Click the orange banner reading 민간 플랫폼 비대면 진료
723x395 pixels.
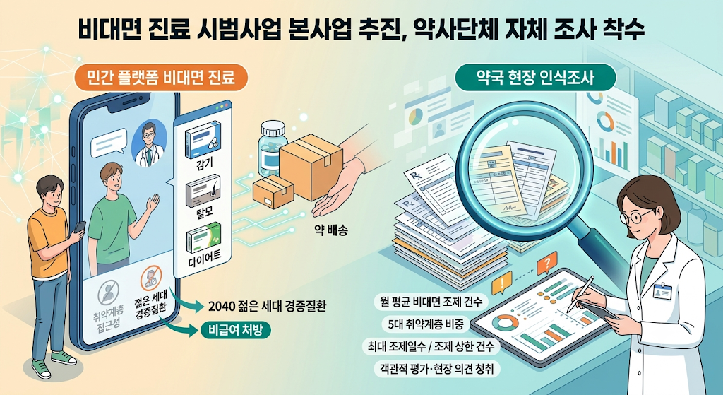tap(160, 76)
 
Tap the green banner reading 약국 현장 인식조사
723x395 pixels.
tap(535, 78)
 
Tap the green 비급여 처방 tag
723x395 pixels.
tap(236, 331)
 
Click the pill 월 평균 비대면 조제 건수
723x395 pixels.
tap(431, 302)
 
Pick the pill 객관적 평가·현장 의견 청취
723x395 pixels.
tap(436, 369)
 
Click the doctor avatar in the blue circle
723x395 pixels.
tap(148, 142)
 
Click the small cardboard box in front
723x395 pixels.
tap(273, 192)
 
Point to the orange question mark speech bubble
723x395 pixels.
tap(547, 264)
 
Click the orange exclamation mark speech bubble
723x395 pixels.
tap(502, 283)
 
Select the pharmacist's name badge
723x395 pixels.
tap(662, 291)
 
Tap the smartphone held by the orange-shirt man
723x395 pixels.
tap(80, 228)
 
